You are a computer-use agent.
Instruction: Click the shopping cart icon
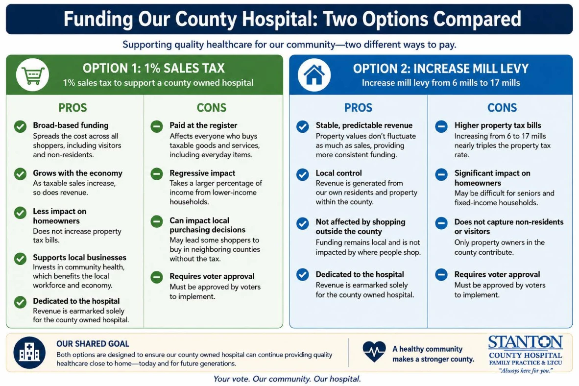[32, 75]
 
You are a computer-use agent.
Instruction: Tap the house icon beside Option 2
[314, 74]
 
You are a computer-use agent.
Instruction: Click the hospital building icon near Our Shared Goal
[29, 352]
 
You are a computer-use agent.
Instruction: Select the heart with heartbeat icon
[374, 351]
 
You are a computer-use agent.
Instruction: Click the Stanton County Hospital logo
[526, 354]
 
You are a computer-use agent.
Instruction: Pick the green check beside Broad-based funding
[20, 126]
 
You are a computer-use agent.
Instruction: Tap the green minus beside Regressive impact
[157, 173]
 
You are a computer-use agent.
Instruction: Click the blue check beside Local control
[302, 174]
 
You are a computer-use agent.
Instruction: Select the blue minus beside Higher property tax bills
[441, 126]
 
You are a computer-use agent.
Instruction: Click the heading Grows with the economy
[77, 173]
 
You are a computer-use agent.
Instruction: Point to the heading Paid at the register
[203, 125]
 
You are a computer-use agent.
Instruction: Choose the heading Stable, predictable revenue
[364, 125]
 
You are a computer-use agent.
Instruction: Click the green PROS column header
[73, 107]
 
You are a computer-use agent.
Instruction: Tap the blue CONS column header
[502, 107]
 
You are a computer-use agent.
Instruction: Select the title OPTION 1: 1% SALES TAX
[154, 69]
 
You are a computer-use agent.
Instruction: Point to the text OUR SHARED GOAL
[93, 343]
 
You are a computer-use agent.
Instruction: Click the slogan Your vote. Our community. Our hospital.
[287, 379]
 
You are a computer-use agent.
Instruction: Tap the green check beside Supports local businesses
[20, 259]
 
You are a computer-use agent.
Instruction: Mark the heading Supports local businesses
[79, 257]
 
